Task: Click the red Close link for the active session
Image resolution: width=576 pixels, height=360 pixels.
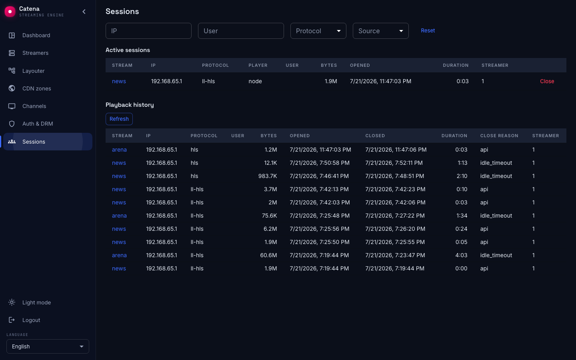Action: tap(547, 81)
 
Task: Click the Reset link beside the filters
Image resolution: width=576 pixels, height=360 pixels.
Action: tap(428, 30)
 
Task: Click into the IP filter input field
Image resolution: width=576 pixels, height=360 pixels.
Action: tap(148, 31)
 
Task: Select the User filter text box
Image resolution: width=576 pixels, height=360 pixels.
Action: tap(241, 31)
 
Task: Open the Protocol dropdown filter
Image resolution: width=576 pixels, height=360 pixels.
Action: tap(318, 31)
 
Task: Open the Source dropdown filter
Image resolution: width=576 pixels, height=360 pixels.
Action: tap(380, 31)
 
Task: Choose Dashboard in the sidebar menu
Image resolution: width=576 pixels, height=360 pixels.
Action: tap(36, 35)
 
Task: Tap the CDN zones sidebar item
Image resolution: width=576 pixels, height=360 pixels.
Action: tap(36, 88)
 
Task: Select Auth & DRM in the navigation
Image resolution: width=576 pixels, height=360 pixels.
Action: tap(38, 124)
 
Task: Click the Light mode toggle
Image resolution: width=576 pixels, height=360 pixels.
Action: tap(36, 302)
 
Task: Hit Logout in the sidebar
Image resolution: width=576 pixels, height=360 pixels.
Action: tap(31, 320)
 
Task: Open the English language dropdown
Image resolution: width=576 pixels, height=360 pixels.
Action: tap(48, 346)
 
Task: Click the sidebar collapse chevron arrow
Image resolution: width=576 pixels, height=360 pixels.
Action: tap(84, 12)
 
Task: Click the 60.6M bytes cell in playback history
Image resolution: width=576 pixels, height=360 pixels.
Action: tap(268, 255)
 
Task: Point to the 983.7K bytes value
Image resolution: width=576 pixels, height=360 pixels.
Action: tap(268, 176)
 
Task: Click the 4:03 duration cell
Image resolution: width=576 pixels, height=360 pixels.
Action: tap(462, 255)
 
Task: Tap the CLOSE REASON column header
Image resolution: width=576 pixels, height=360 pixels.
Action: tap(499, 136)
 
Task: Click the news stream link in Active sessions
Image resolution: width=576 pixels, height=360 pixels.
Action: tap(119, 81)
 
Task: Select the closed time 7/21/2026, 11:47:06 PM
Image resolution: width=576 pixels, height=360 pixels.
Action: tap(396, 150)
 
